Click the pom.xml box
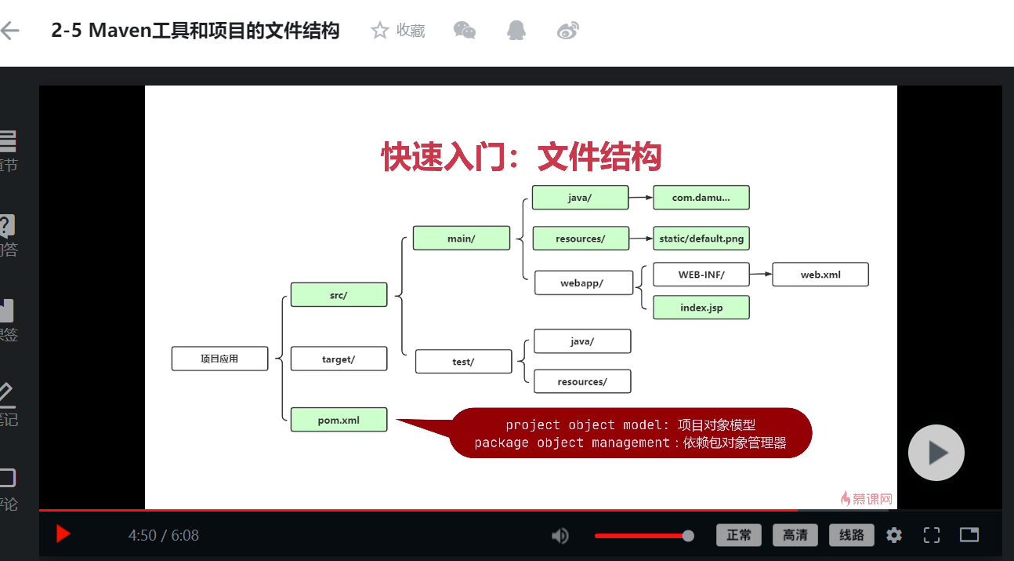click(x=339, y=420)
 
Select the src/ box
click(x=339, y=295)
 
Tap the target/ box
click(x=339, y=359)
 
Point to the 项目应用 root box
click(x=219, y=359)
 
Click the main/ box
click(x=462, y=239)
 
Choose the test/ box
click(x=463, y=362)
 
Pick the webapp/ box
click(x=583, y=283)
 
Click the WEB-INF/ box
click(x=701, y=275)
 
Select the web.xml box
click(x=820, y=275)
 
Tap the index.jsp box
click(x=701, y=308)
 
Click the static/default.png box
click(x=701, y=239)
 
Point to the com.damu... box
click(x=701, y=198)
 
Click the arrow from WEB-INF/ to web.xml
click(x=761, y=275)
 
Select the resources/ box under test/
click(x=582, y=381)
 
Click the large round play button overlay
click(x=936, y=453)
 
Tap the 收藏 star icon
click(x=380, y=31)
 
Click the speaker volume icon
click(x=560, y=536)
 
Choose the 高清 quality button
click(x=795, y=535)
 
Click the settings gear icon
click(x=894, y=535)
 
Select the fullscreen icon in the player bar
click(x=932, y=535)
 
